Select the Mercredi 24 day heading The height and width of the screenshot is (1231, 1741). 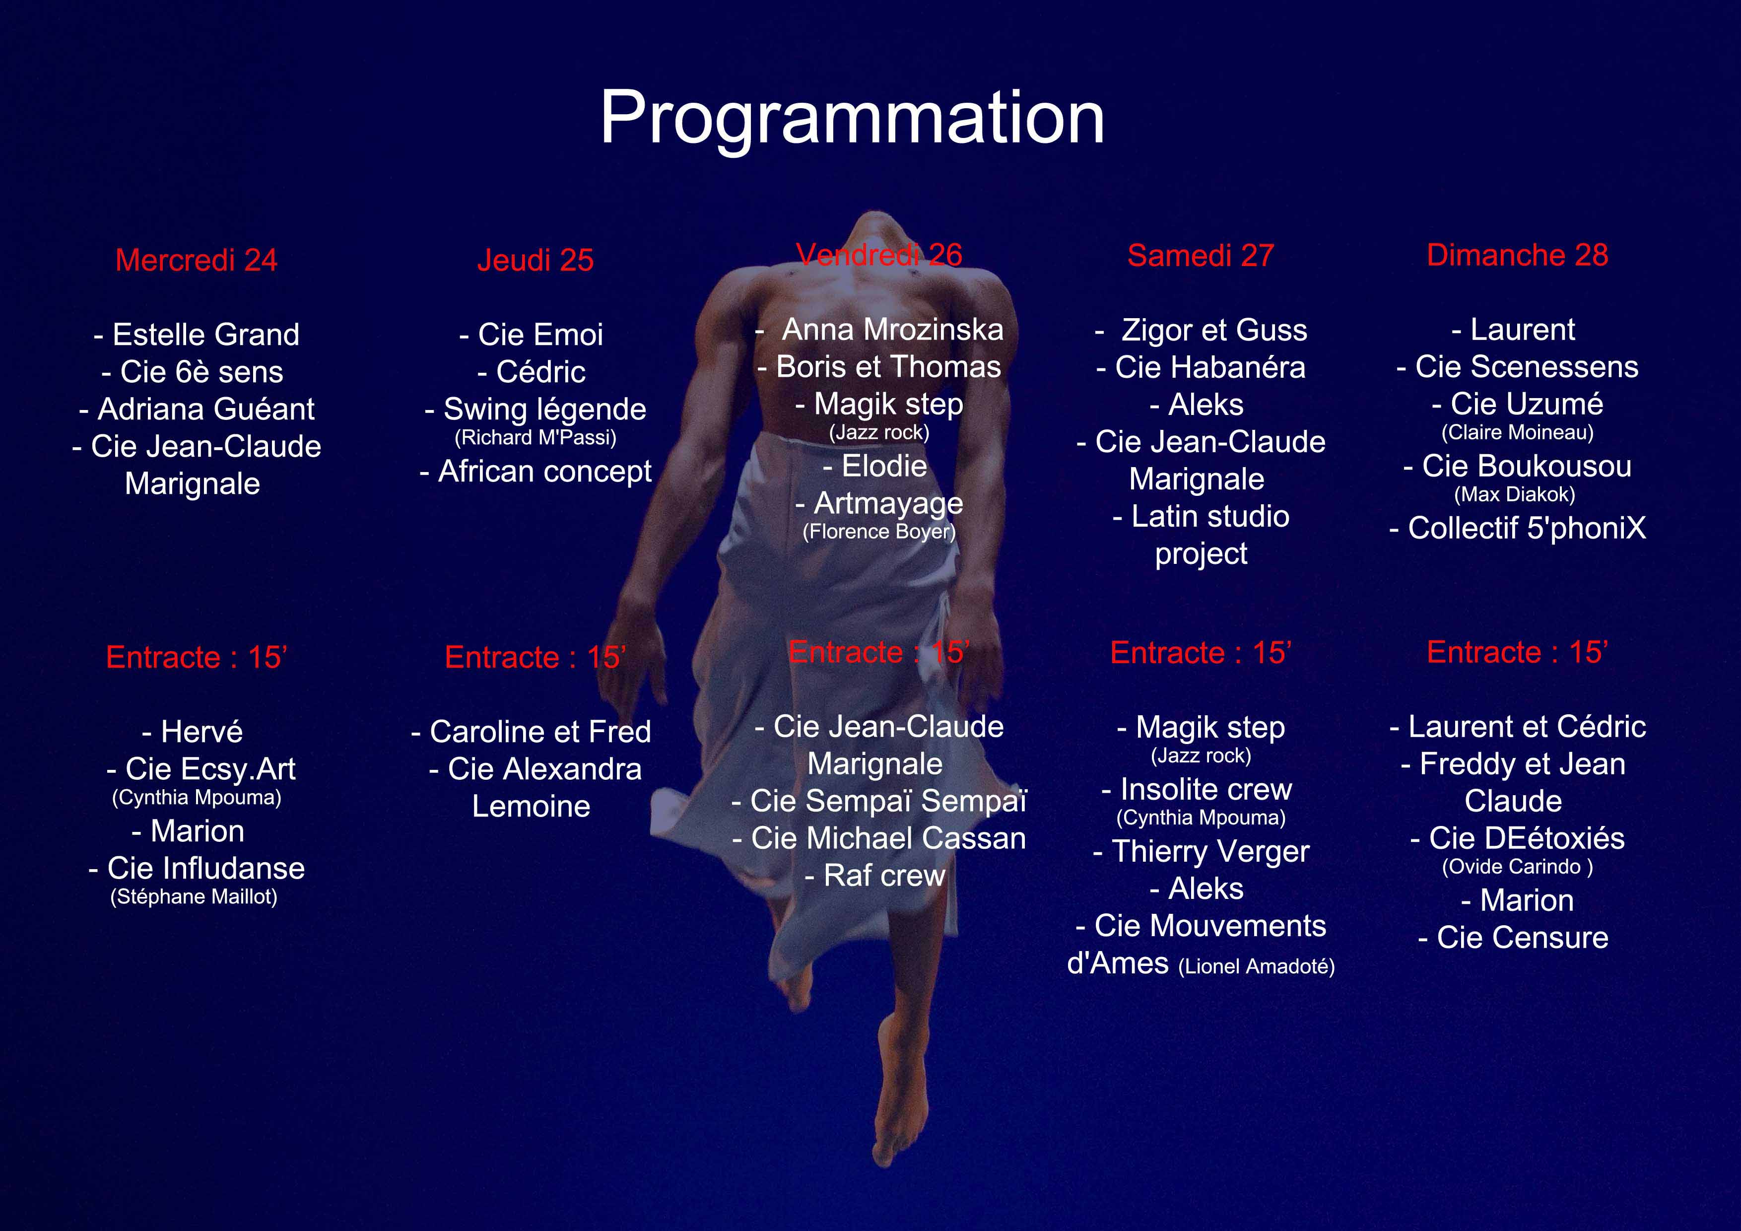coord(197,260)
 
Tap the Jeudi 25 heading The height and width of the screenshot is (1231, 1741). coord(536,260)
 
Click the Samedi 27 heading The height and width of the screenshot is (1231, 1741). coord(1201,256)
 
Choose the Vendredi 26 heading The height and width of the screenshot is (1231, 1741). coord(879,255)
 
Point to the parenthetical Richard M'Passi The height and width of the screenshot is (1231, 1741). coord(536,438)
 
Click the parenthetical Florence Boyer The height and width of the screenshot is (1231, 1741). coord(879,532)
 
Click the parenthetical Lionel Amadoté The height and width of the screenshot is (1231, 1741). coord(1257,966)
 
